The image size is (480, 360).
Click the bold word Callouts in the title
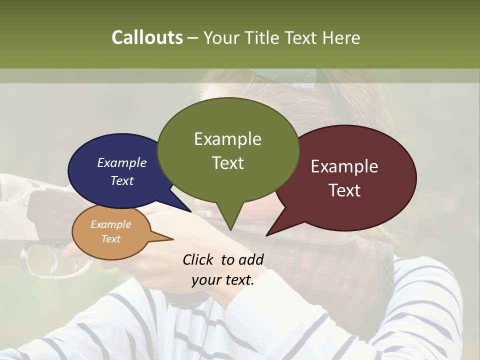point(147,37)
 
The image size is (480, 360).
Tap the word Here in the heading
point(341,37)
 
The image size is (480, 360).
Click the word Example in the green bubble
point(227,139)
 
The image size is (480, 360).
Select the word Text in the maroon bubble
point(344,190)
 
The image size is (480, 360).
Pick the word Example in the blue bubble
point(121,162)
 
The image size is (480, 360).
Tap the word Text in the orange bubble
point(110,239)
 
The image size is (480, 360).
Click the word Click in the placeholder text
point(198,259)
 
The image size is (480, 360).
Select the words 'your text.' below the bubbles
point(223,280)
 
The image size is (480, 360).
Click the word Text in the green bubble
point(228,163)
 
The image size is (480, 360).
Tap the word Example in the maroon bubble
point(344,166)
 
